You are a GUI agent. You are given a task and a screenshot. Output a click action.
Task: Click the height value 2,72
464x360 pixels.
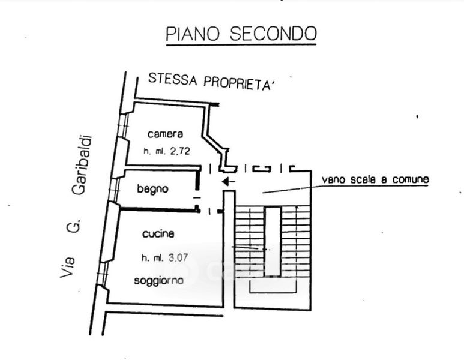point(180,151)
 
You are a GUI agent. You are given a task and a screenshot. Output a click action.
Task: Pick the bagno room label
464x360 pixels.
point(152,189)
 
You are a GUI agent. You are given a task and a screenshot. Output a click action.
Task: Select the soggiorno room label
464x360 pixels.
point(158,280)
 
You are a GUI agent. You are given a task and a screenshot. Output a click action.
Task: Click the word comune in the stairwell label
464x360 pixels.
point(412,179)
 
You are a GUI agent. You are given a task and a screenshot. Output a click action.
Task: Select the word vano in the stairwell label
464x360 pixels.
point(334,179)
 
